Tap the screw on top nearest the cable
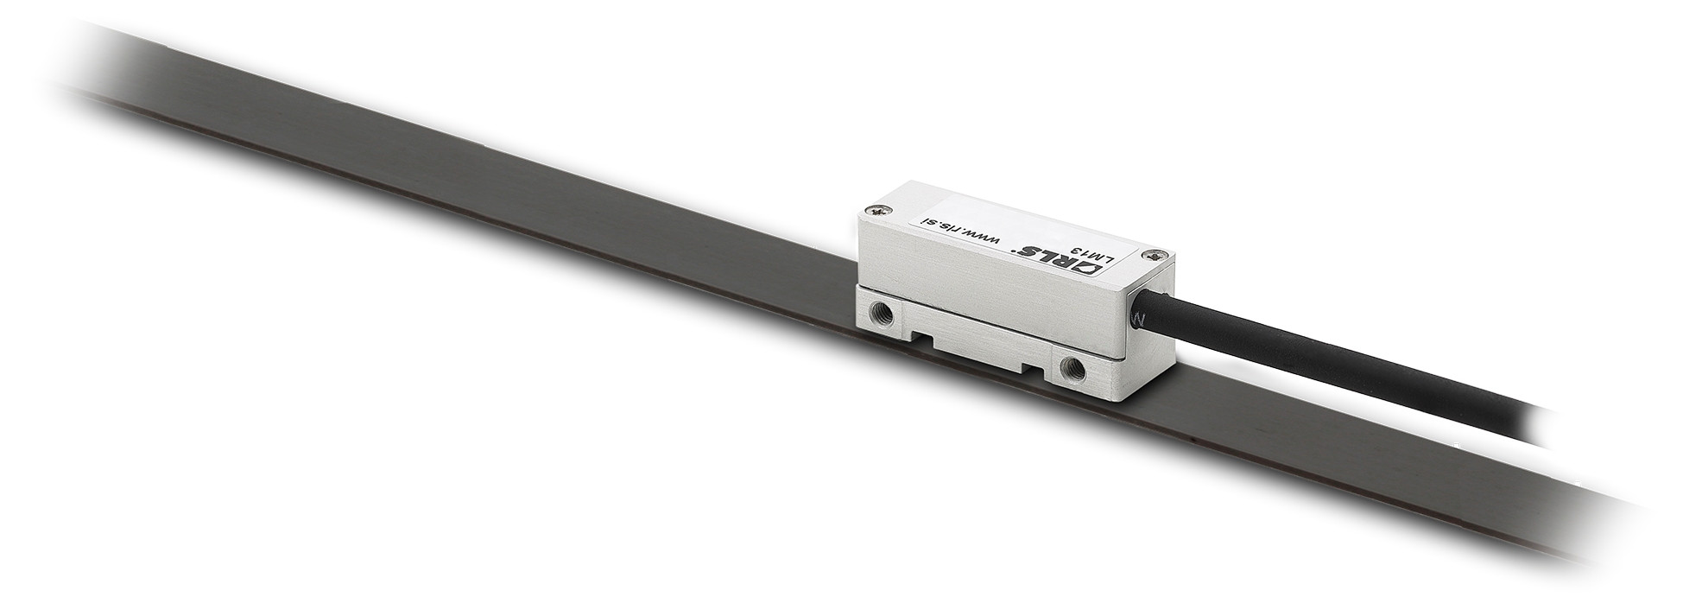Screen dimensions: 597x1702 pyautogui.click(x=1155, y=255)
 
